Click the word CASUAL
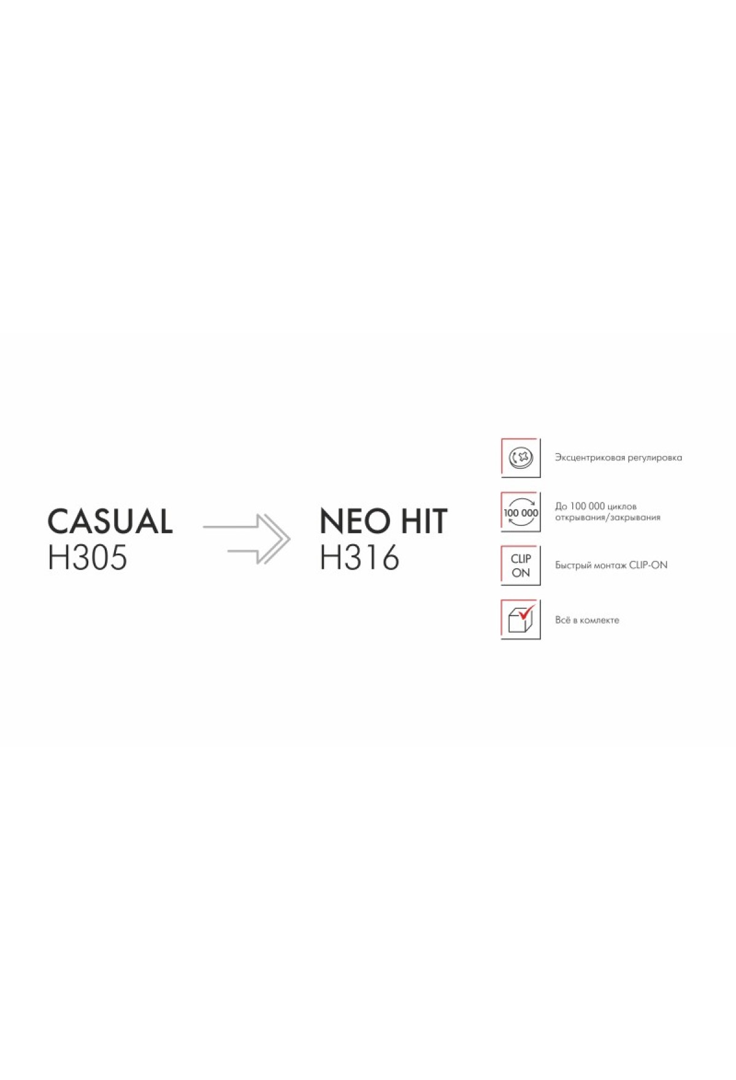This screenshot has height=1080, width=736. tap(110, 522)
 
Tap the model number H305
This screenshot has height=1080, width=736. tap(88, 558)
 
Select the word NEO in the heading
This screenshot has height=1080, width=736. tap(356, 522)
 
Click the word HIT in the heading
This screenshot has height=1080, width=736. tap(424, 522)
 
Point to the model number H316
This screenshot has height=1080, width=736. tap(359, 558)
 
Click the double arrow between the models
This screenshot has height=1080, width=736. tap(247, 539)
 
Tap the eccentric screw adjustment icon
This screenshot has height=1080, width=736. tap(521, 458)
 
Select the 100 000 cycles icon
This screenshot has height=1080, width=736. tap(521, 512)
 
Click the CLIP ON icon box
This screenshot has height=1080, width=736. tap(521, 566)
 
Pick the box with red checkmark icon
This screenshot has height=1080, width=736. tap(521, 620)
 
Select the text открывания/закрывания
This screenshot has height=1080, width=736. tap(608, 518)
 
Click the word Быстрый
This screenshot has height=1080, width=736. tap(572, 566)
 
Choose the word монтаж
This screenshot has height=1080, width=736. tap(610, 566)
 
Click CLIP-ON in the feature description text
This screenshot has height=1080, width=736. tap(648, 565)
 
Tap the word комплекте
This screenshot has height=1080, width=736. tap(599, 620)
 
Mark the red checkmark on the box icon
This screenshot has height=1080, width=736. tap(527, 611)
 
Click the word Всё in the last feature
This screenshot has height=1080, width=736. tap(562, 620)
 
